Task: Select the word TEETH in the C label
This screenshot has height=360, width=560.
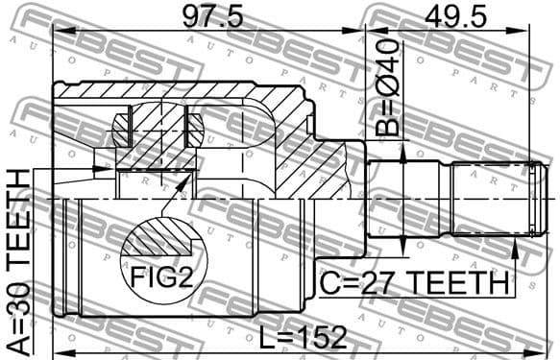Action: point(457,285)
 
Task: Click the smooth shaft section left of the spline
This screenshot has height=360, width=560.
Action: point(403,200)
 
